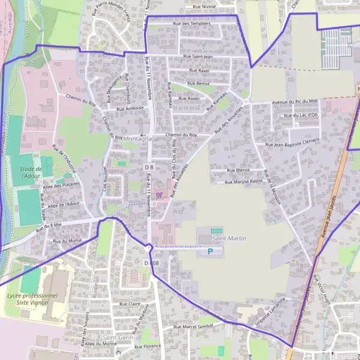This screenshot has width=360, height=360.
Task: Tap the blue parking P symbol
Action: point(210,251)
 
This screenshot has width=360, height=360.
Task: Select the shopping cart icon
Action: point(158,194)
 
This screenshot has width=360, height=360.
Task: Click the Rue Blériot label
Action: point(239,170)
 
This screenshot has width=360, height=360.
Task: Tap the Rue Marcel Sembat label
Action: point(193,326)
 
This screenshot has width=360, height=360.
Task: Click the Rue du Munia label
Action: point(67,241)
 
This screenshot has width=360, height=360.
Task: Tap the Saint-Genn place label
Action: point(117,337)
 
